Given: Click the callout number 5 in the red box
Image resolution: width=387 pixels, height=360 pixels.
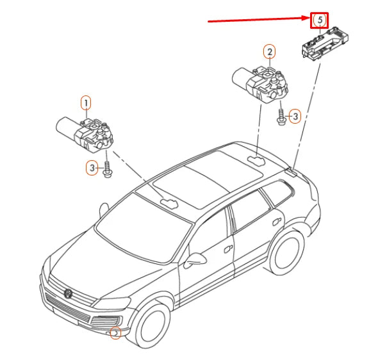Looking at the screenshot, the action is [320, 20].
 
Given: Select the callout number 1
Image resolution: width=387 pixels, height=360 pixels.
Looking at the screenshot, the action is [86, 103].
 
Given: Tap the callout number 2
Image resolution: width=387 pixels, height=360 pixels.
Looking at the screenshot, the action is [270, 52].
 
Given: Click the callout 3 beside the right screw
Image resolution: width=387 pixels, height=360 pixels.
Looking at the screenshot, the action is [295, 116].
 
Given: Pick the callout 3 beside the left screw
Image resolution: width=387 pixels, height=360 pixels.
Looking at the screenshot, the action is [92, 168].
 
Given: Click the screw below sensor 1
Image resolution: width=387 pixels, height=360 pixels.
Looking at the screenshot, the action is [107, 169].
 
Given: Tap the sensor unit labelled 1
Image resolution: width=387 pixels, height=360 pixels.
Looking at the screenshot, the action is [85, 135].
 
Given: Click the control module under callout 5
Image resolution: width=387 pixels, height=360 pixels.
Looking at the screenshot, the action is [325, 43].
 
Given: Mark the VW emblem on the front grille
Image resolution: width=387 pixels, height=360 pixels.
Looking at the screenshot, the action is [68, 293].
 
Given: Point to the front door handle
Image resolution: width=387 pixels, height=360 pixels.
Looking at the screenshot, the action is [228, 249].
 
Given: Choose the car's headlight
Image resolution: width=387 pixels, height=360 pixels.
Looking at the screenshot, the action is [112, 303].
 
